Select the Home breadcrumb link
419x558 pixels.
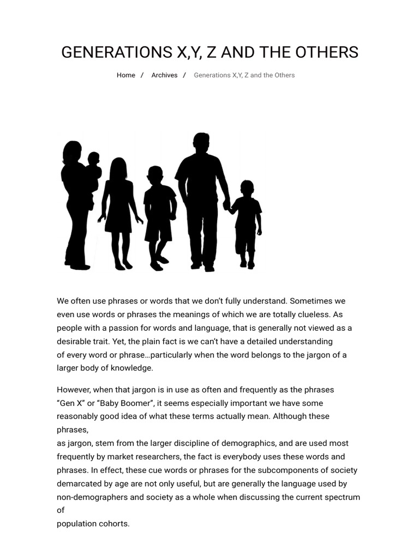[x=126, y=75]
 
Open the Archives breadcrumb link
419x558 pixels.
[x=164, y=75]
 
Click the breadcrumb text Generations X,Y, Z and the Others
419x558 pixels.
[x=244, y=75]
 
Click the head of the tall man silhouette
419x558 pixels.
[x=201, y=143]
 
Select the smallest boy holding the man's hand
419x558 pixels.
[x=247, y=218]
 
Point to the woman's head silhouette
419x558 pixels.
[x=71, y=151]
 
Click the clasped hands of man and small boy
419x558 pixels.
[x=227, y=205]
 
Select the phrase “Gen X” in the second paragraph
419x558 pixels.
[x=70, y=403]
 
